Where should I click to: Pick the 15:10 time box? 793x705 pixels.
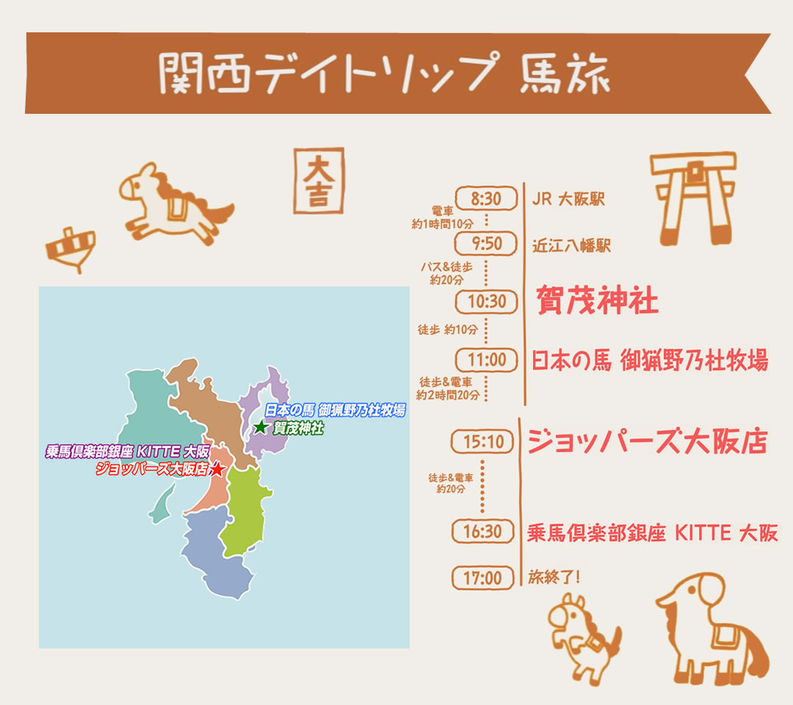482,441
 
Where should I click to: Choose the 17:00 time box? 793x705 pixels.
482,578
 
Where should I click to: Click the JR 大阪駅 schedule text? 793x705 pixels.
569,199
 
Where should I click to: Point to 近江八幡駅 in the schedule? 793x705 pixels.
571,245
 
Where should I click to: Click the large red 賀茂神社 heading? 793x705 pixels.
597,300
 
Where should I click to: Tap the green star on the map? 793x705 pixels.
261,427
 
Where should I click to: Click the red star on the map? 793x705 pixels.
217,469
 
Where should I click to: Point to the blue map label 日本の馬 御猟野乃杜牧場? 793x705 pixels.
335,411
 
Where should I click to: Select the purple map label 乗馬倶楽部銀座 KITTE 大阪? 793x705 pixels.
128,452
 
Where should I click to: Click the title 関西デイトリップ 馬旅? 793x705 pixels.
383,73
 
